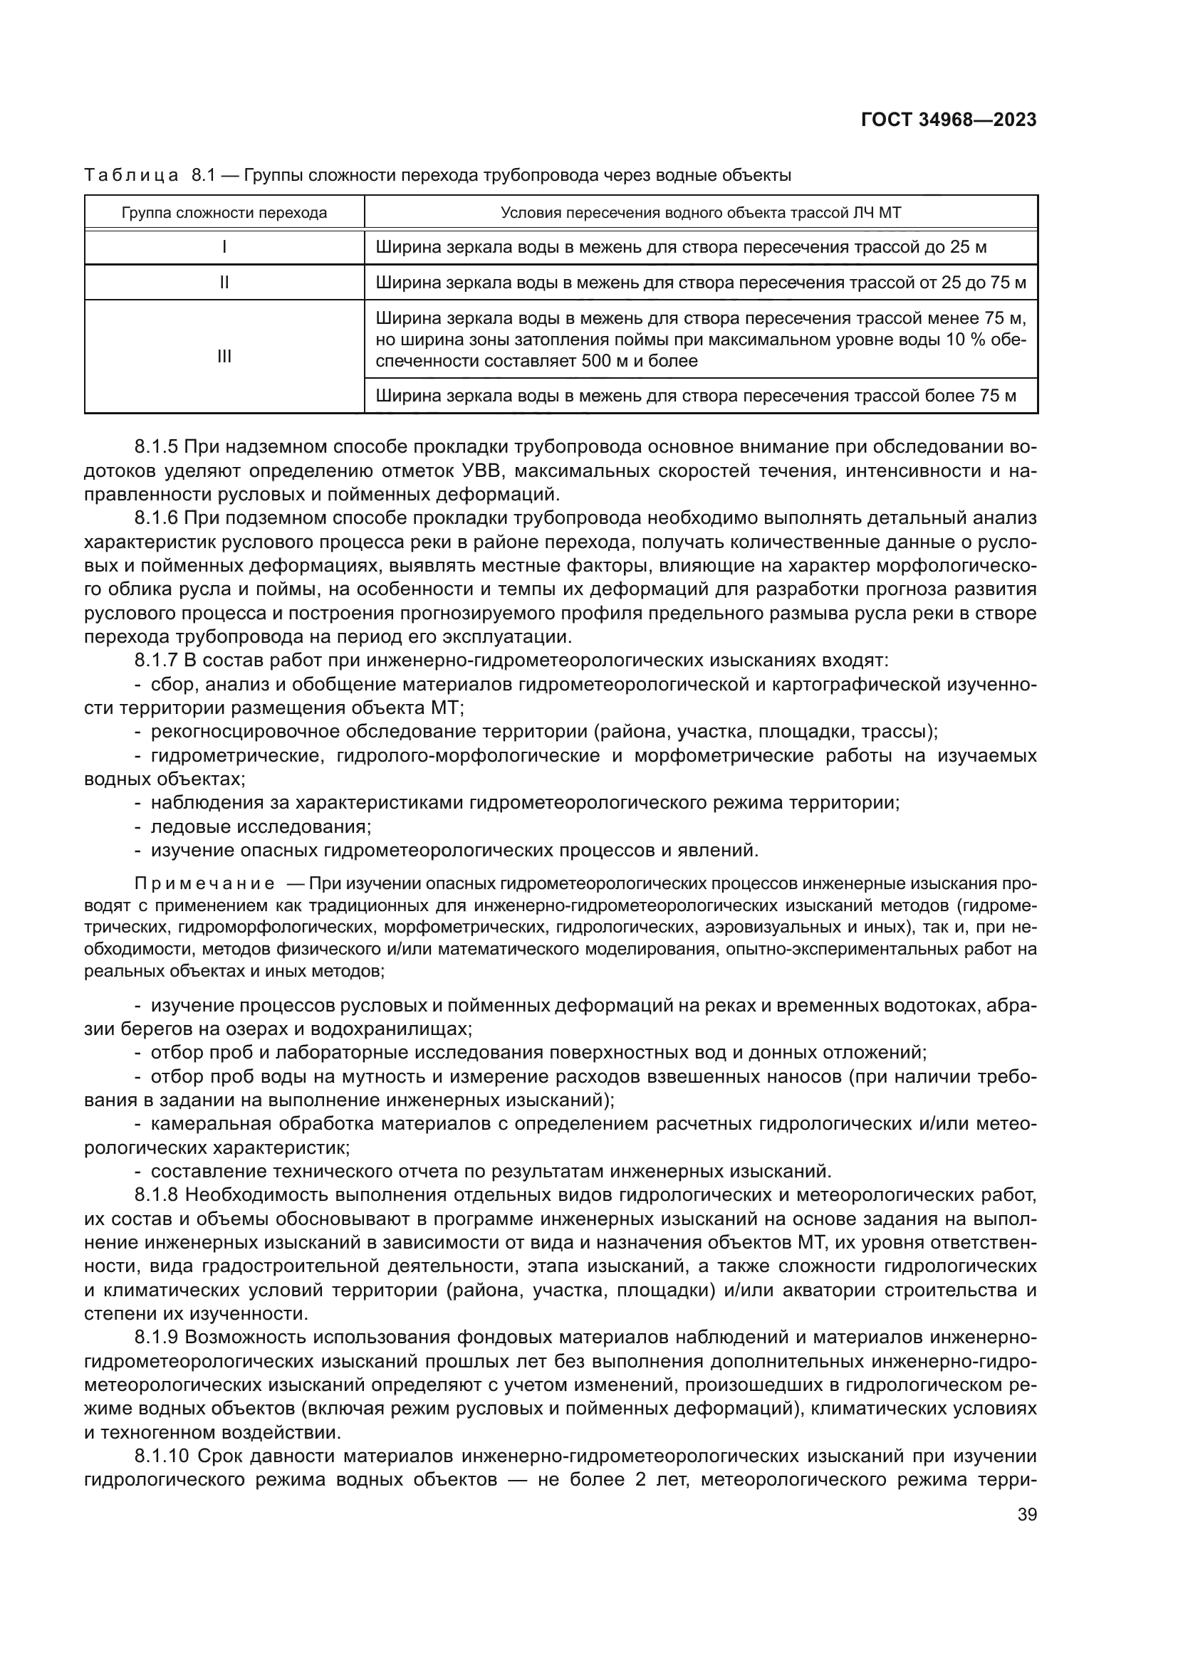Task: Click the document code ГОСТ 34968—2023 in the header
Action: click(948, 120)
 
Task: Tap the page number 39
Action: click(1026, 1514)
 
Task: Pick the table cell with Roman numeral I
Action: click(224, 247)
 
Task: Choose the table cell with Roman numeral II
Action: click(224, 283)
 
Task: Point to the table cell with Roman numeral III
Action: click(224, 357)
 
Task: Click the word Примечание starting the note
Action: click(204, 883)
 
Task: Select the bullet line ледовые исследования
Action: click(261, 826)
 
